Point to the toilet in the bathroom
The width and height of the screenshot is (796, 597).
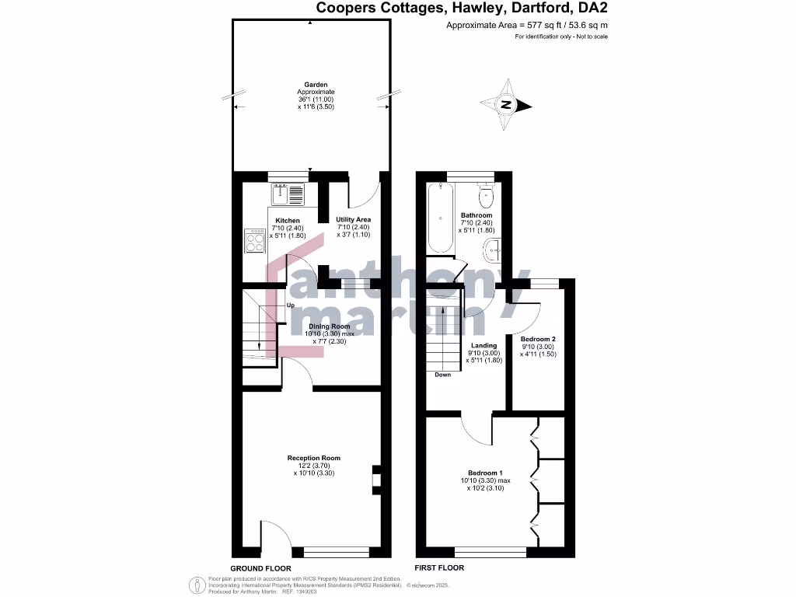[487, 193]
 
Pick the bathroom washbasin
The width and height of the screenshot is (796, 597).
[491, 250]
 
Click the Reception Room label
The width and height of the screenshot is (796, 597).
[313, 459]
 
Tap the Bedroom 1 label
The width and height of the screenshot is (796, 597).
[485, 473]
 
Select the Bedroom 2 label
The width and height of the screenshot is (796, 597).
[538, 340]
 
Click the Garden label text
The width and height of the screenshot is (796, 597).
[316, 84]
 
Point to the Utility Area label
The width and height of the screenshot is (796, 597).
[353, 220]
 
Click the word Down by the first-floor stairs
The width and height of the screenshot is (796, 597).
[442, 375]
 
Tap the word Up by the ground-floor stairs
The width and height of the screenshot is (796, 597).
[290, 305]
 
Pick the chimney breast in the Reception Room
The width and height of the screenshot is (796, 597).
[376, 480]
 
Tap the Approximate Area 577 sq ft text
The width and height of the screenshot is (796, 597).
[526, 26]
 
